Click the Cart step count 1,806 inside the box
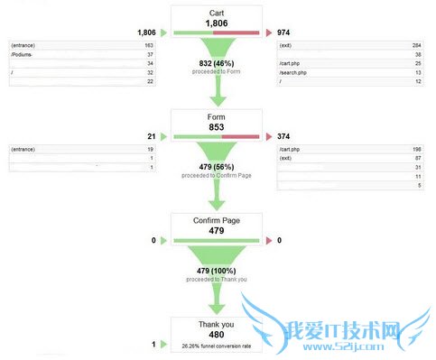tap(218, 23)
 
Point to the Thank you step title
tap(218, 323)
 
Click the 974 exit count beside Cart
tap(284, 32)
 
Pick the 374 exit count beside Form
tap(284, 135)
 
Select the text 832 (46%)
tap(218, 62)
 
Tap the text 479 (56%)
tap(218, 166)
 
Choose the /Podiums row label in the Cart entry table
tap(23, 53)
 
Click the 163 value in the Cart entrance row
tap(148, 44)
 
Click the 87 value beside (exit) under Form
tap(417, 157)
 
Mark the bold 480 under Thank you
tap(218, 334)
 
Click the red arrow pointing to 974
tap(267, 32)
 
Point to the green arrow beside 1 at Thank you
tap(163, 344)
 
